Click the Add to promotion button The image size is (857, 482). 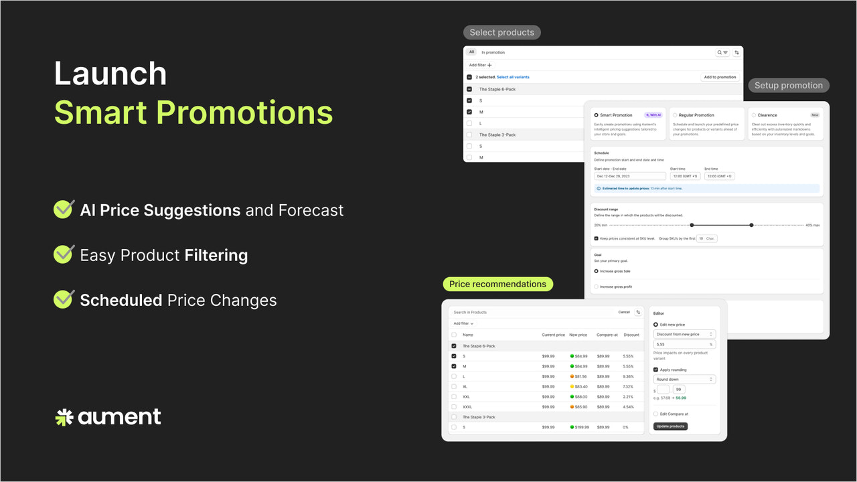tap(720, 77)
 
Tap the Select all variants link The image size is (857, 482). tap(513, 77)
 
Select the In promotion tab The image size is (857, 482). tap(493, 52)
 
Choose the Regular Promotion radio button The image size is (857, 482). tap(675, 115)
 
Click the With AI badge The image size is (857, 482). tap(653, 115)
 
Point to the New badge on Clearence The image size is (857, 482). tap(815, 115)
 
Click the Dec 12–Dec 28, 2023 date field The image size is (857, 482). tap(629, 176)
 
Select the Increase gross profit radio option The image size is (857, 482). tap(597, 287)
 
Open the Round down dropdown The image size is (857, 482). tap(684, 380)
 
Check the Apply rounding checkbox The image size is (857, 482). tap(655, 370)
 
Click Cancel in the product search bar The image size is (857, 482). tap(624, 312)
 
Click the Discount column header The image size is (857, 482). tap(631, 335)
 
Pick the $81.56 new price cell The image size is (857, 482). tap(578, 376)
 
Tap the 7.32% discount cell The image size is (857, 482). tap(628, 386)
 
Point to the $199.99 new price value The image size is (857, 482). tap(580, 427)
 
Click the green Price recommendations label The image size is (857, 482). tap(497, 284)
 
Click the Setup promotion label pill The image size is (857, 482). tap(788, 85)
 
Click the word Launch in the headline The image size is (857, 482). tap(110, 74)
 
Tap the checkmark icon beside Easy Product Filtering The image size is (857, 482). tap(64, 254)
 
